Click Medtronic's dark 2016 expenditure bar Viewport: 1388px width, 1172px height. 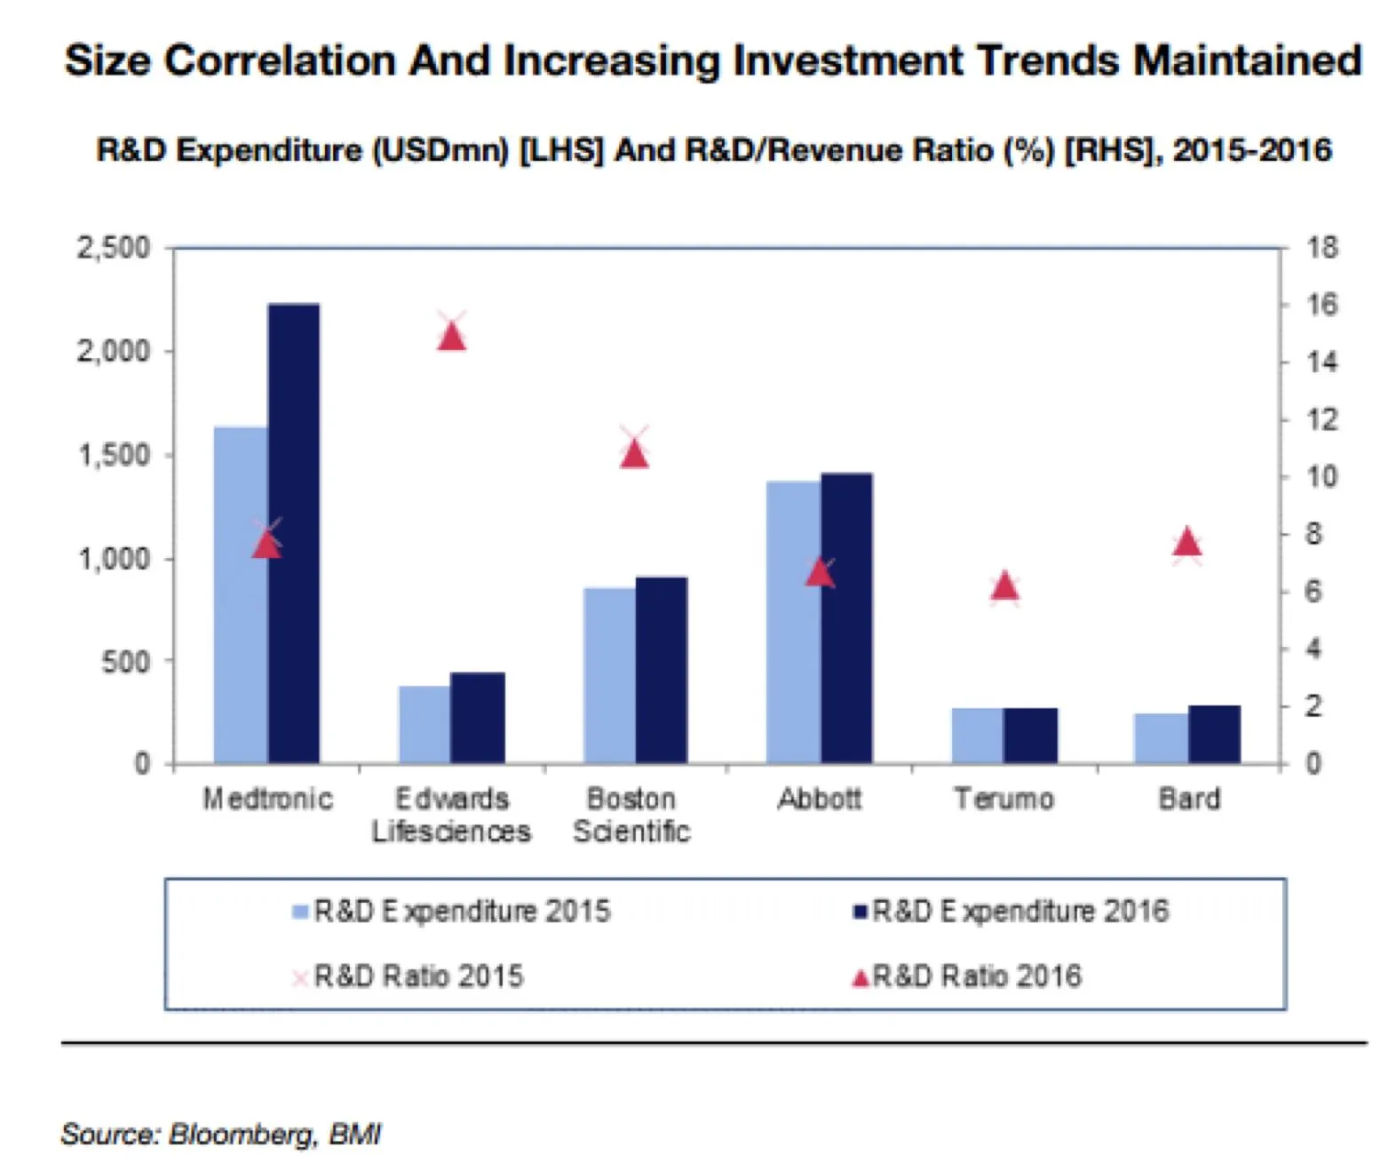294,533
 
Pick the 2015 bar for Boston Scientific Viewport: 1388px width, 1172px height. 609,675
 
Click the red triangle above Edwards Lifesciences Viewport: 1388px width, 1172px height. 452,338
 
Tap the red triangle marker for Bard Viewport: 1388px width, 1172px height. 1187,541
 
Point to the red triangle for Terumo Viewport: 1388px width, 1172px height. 1004,586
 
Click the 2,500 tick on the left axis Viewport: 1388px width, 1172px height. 114,248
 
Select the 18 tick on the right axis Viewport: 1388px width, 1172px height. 1321,248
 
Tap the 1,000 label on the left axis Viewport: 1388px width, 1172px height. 114,559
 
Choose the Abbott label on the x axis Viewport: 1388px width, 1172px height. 819,799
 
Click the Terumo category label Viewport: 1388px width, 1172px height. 1003,799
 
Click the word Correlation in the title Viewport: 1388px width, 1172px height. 280,60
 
